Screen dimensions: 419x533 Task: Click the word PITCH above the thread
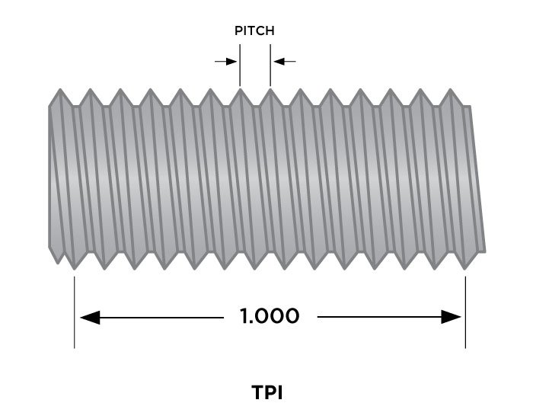pos(254,32)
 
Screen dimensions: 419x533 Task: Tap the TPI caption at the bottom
pos(267,393)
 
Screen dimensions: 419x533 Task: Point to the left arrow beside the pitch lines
pos(226,61)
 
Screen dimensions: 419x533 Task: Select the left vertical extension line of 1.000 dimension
pos(74,312)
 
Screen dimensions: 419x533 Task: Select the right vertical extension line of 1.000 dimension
pos(464,312)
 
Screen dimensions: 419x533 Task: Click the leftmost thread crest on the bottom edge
pos(74,267)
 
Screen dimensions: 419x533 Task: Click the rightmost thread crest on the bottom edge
pos(465,267)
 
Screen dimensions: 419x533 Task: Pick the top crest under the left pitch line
pos(240,91)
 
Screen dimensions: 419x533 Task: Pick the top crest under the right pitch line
pos(270,91)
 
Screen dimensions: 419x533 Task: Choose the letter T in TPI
pos(257,393)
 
